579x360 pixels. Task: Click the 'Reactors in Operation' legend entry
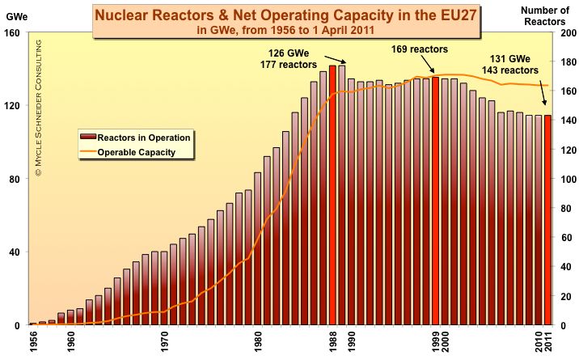144,138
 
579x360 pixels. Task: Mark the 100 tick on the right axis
569,180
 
